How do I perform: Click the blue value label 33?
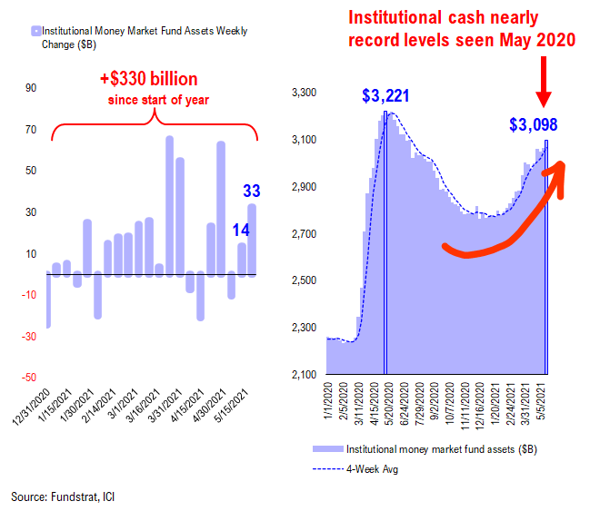[252, 191]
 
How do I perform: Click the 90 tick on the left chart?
[30, 88]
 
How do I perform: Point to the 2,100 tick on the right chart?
[302, 375]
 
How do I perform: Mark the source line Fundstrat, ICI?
[63, 496]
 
